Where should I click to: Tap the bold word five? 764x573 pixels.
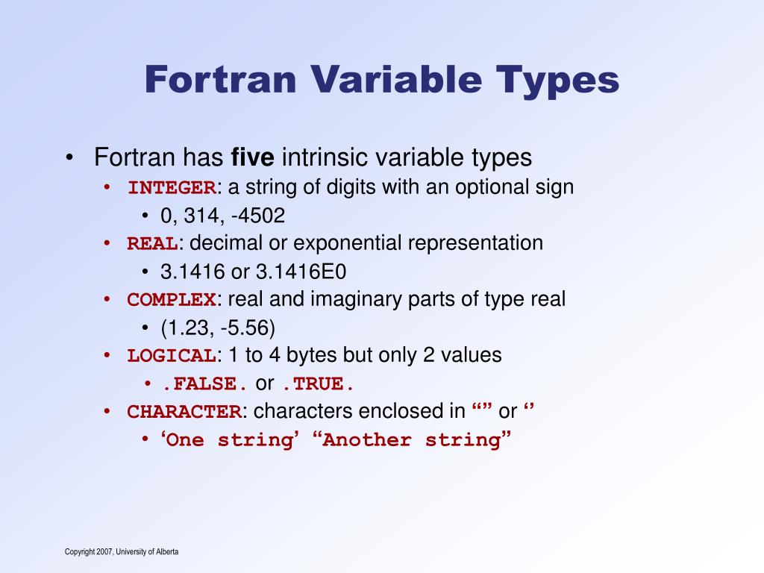(x=254, y=157)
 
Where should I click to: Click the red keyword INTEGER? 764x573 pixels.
(x=172, y=187)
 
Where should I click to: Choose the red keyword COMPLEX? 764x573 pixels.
(x=172, y=300)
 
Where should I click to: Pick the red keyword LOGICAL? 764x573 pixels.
(x=172, y=356)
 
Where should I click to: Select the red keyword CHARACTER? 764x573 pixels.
(x=184, y=412)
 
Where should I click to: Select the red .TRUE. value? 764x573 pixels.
(x=318, y=384)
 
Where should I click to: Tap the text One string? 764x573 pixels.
(x=228, y=440)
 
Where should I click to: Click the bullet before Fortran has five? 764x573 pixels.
(x=69, y=158)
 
